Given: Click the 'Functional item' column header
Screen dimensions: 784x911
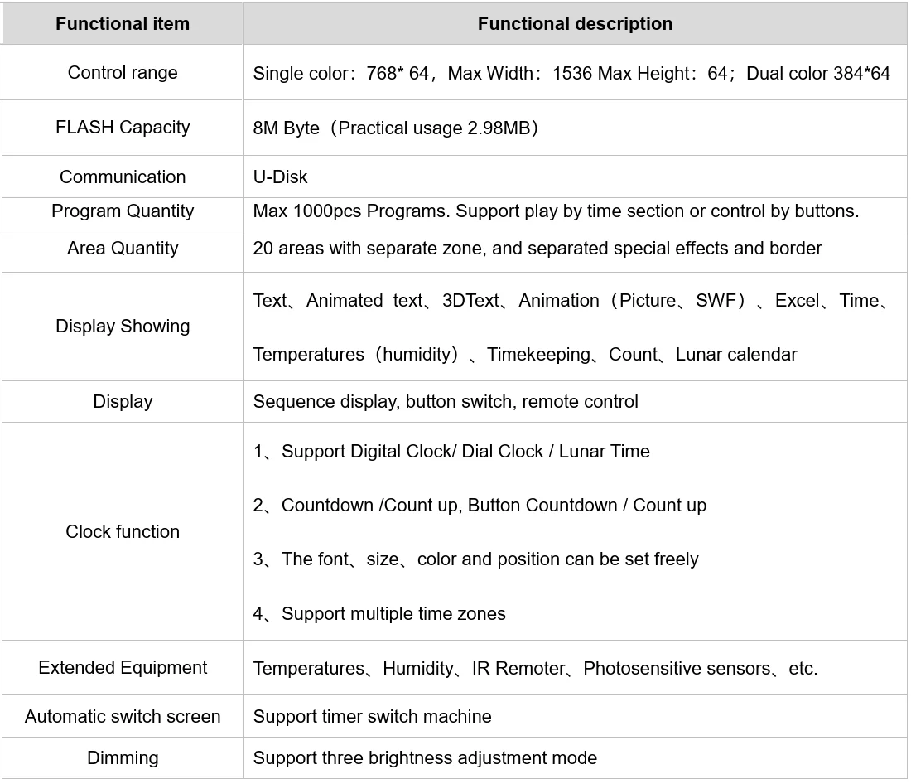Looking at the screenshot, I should pyautogui.click(x=123, y=24).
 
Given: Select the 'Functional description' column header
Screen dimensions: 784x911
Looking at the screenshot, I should pyautogui.click(x=575, y=24).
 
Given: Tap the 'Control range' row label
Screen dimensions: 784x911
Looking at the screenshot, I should pyautogui.click(x=123, y=73).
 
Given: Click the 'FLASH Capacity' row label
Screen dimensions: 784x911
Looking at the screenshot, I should pyautogui.click(x=123, y=128).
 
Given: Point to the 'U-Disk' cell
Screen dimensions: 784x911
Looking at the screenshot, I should pyautogui.click(x=280, y=177).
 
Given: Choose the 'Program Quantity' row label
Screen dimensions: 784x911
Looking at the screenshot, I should pyautogui.click(x=123, y=211).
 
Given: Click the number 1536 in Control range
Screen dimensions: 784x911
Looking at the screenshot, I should pyautogui.click(x=572, y=74).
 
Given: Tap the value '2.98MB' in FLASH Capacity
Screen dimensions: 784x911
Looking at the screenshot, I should pyautogui.click(x=501, y=128).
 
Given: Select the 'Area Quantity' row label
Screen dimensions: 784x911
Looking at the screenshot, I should pyautogui.click(x=123, y=249).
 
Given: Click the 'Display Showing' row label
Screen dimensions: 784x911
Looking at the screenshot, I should pyautogui.click(x=123, y=327).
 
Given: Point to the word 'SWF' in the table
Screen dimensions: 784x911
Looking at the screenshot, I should pyautogui.click(x=716, y=301).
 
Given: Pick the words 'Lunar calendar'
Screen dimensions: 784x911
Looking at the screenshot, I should pyautogui.click(x=736, y=355).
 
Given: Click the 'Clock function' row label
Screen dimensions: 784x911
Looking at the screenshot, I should pyautogui.click(x=123, y=532).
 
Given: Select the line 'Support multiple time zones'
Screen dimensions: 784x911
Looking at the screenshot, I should pyautogui.click(x=393, y=614).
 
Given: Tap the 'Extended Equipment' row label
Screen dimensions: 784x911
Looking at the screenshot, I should pyautogui.click(x=123, y=668).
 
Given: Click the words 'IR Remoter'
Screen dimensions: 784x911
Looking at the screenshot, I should pyautogui.click(x=518, y=669).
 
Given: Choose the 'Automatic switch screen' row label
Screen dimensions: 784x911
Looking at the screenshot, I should pyautogui.click(x=123, y=717).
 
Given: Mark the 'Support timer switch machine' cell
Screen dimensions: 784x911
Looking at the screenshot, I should pyautogui.click(x=372, y=717).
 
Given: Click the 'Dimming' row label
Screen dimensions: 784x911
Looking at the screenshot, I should pyautogui.click(x=123, y=758).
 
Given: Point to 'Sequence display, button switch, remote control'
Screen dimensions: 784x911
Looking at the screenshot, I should pyautogui.click(x=446, y=402).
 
